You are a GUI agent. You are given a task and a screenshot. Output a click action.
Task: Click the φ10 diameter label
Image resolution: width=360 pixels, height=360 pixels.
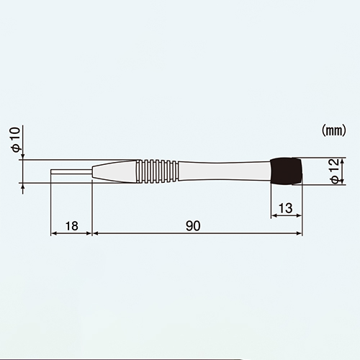coord(16,140)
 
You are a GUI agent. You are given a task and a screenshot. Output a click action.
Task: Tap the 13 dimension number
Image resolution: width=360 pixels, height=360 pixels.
coord(286,208)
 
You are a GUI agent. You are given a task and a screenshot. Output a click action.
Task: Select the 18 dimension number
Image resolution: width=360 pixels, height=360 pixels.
coord(71,226)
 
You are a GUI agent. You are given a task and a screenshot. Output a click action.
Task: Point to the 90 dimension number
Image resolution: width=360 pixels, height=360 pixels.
coord(193,226)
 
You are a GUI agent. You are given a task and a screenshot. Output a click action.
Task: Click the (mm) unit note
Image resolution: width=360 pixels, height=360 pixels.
coord(334,131)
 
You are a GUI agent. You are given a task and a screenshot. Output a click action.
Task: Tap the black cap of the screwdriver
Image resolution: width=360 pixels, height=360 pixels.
coord(286,171)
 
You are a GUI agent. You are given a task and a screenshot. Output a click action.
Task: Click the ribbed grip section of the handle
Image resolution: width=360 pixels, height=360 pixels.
coord(157,171)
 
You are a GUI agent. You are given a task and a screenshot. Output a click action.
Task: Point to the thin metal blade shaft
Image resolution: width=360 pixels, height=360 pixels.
coord(71,171)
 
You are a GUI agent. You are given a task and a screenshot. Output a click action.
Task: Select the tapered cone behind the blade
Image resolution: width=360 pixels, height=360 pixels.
coord(114,171)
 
